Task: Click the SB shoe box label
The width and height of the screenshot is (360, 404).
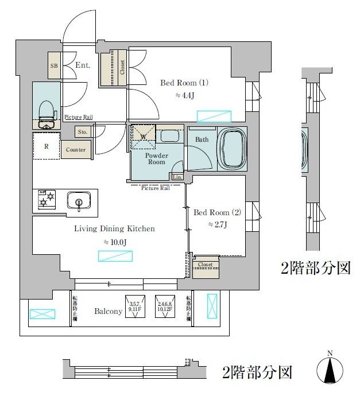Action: click(55, 66)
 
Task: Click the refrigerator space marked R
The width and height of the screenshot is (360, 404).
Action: click(46, 146)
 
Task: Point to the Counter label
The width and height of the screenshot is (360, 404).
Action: click(75, 150)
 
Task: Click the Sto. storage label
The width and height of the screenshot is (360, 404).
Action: click(83, 132)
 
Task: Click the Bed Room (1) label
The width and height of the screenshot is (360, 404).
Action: click(184, 83)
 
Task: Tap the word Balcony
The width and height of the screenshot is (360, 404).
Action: click(108, 312)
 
